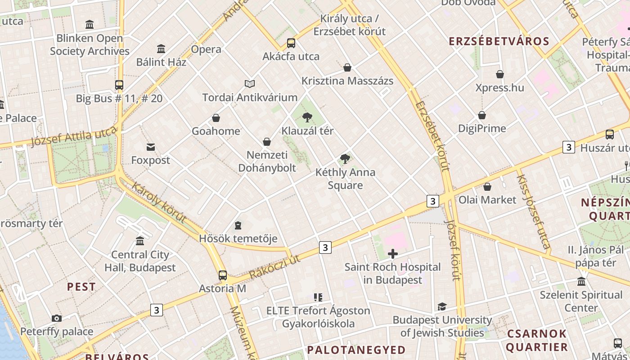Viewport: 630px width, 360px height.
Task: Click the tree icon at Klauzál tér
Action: pyautogui.click(x=307, y=118)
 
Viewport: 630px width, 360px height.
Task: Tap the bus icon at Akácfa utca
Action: pyautogui.click(x=291, y=43)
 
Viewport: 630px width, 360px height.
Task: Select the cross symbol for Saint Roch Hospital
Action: pyautogui.click(x=393, y=254)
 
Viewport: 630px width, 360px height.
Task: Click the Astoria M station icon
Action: pyautogui.click(x=223, y=275)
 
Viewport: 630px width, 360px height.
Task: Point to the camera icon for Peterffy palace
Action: pyautogui.click(x=56, y=319)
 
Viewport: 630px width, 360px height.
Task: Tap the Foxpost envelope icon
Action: pyautogui.click(x=150, y=147)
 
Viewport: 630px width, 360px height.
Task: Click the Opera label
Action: pyautogui.click(x=206, y=49)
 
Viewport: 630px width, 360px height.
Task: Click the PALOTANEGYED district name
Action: pyautogui.click(x=356, y=350)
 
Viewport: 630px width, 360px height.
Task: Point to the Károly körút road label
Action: pyautogui.click(x=158, y=202)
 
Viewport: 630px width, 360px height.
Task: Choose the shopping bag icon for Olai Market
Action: pyautogui.click(x=487, y=187)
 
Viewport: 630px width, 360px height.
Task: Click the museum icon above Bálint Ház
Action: pyautogui.click(x=161, y=49)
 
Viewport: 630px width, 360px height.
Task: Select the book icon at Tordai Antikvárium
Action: pyautogui.click(x=250, y=84)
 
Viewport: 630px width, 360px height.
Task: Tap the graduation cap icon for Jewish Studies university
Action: pyautogui.click(x=442, y=307)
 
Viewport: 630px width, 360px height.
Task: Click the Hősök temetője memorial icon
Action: pyautogui.click(x=238, y=225)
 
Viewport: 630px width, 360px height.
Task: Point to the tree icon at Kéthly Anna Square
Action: pyautogui.click(x=345, y=159)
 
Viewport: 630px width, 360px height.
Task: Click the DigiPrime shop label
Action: pyautogui.click(x=482, y=128)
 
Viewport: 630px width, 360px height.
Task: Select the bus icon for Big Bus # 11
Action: pyautogui.click(x=119, y=85)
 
